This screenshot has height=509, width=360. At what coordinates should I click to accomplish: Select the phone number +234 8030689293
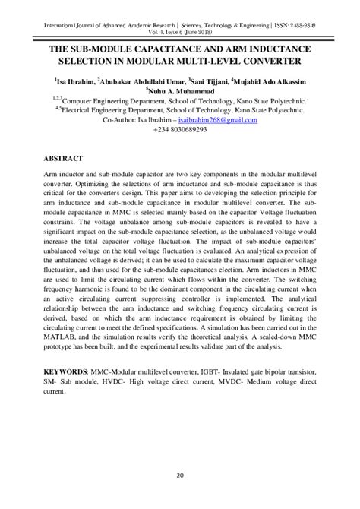pos(179,130)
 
